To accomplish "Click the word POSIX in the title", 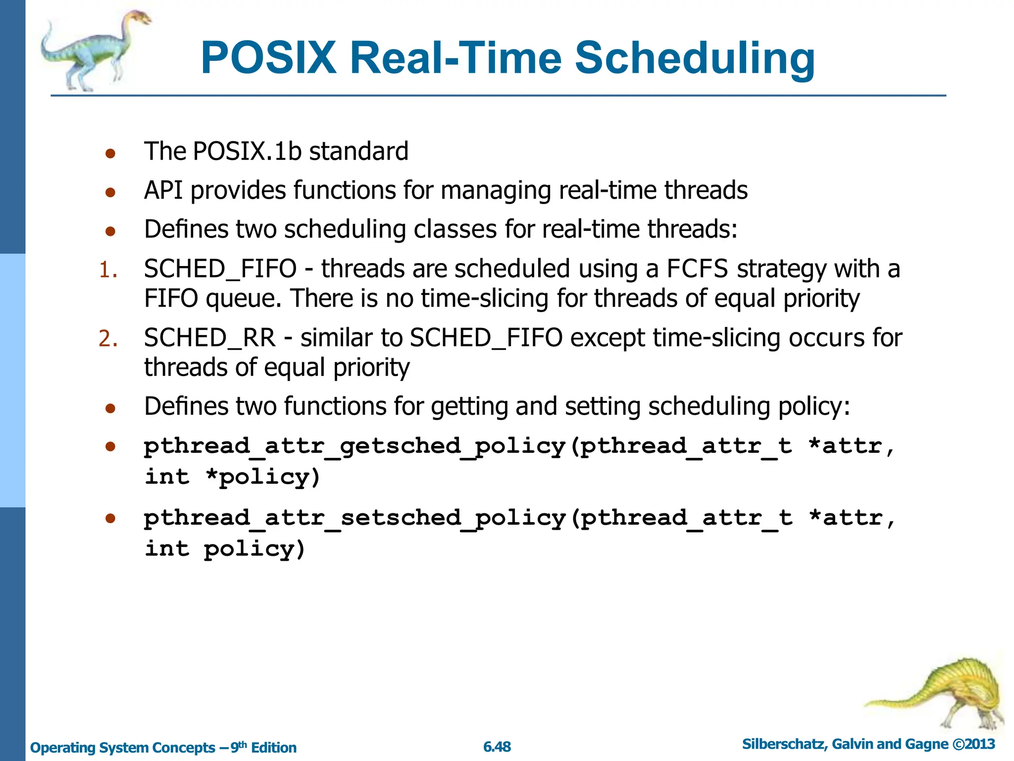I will point(268,58).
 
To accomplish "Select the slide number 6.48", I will point(497,747).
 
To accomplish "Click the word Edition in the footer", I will point(274,748).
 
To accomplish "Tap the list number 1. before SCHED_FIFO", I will point(108,271).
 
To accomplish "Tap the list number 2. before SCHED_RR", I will point(108,339).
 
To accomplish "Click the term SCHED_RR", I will point(209,338).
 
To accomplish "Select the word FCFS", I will point(697,269).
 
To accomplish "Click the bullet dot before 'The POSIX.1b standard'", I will point(110,153).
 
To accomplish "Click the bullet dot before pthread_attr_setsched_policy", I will point(110,518).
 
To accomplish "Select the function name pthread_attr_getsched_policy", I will point(355,446).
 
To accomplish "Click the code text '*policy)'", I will point(263,477).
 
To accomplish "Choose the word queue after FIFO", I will point(243,299).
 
